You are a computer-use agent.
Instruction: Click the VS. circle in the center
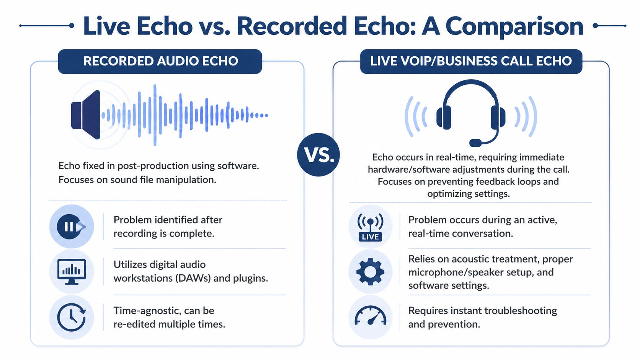(x=318, y=155)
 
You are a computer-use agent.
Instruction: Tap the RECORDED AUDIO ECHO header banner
(x=160, y=61)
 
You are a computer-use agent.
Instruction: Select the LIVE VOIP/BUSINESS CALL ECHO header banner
(x=471, y=61)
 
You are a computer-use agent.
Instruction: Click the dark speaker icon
(x=86, y=115)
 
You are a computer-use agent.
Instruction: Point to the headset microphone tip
(x=475, y=143)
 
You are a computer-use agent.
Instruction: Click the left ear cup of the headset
(x=444, y=117)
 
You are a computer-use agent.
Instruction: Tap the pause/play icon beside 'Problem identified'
(x=71, y=227)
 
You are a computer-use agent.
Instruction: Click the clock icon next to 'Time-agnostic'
(x=71, y=317)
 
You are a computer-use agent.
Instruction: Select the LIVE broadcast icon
(x=370, y=227)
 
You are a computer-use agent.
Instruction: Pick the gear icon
(x=370, y=272)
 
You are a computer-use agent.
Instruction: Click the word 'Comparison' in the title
(x=514, y=26)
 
